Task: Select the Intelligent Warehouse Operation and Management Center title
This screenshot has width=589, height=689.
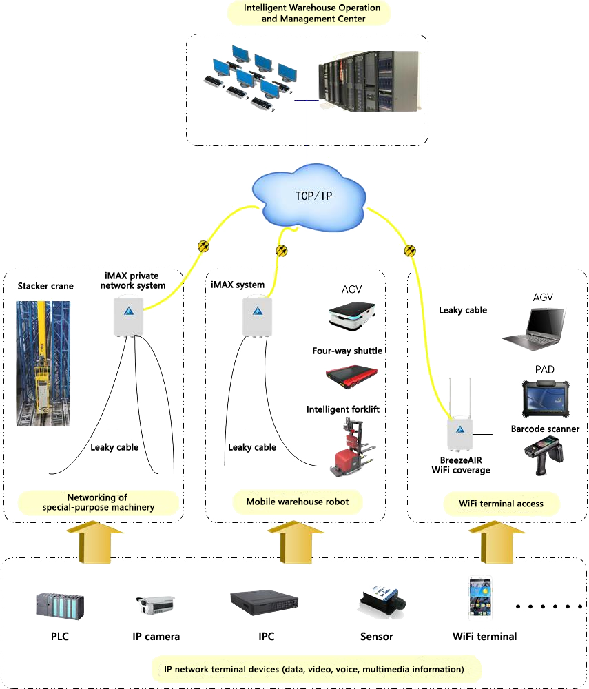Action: [309, 12]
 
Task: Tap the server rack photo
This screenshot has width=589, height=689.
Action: [368, 81]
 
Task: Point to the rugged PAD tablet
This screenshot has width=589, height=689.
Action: [544, 398]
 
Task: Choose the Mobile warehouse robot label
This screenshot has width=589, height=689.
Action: [298, 502]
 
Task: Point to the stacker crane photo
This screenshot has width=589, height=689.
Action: [43, 362]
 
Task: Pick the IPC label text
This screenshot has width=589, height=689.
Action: [266, 637]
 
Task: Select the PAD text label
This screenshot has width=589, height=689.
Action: [544, 369]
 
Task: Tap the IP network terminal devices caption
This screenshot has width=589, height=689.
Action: [313, 669]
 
